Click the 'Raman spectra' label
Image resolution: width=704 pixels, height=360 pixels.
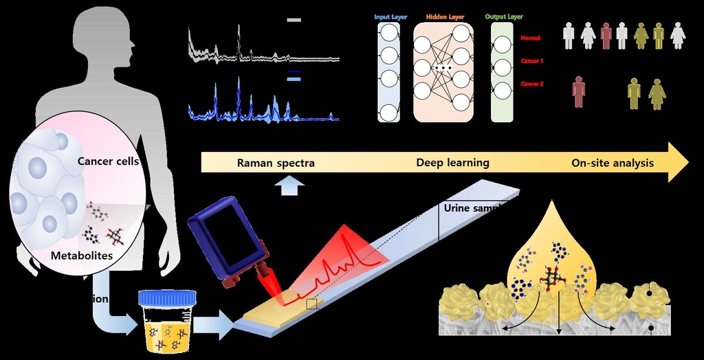coord(275,163)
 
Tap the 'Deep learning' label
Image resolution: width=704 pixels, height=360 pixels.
coord(452,163)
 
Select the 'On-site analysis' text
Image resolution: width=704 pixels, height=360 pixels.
coord(613,163)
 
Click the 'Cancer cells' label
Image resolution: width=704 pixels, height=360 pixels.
coord(108,161)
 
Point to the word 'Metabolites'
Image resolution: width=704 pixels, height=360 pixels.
coord(82,256)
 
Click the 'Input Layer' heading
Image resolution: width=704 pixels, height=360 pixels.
coord(389,16)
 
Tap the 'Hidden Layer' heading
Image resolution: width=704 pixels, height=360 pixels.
coord(443,16)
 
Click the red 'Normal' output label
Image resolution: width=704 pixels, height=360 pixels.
coord(531,38)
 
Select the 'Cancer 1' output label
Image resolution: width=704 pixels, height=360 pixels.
coord(532,61)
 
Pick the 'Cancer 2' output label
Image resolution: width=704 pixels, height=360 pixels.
coord(532,84)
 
